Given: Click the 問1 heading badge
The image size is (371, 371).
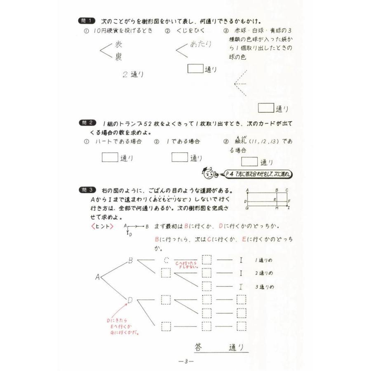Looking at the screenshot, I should tap(87, 21).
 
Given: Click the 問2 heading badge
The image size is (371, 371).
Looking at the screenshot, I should tap(87, 123).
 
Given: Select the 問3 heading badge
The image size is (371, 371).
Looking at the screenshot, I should tap(87, 190).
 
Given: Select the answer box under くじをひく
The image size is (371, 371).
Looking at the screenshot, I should tap(195, 69).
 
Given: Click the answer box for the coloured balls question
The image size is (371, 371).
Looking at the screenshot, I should tap(266, 108).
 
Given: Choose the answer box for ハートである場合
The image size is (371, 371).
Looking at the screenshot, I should tap(110, 157).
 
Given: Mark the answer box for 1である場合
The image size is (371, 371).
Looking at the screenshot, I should tap(179, 157).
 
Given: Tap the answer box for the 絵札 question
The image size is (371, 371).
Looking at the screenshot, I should tap(249, 162).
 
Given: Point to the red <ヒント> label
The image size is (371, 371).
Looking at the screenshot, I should tap(101, 226).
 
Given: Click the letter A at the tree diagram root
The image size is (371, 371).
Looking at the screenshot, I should tap(98, 277).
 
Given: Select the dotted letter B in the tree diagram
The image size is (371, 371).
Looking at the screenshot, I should tap(130, 261).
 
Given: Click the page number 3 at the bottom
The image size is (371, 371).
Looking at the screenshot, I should tap(186, 362).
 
